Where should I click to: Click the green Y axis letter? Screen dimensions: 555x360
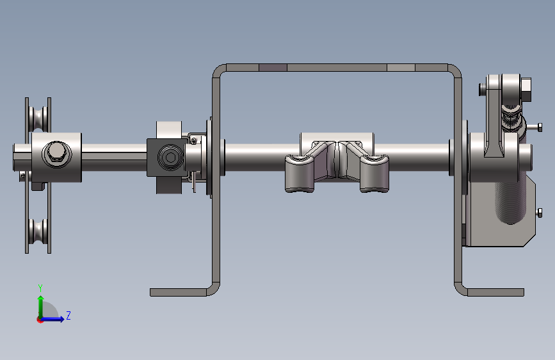[x=40, y=288]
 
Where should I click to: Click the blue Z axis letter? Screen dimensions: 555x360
[x=68, y=315]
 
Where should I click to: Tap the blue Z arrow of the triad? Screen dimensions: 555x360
[x=52, y=319]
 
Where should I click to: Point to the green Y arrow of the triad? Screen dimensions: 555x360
[x=41, y=307]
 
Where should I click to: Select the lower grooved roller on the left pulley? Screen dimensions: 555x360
[x=38, y=231]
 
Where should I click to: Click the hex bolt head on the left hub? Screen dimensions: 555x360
[x=56, y=153]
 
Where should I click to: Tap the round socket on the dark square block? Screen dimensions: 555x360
[x=170, y=158]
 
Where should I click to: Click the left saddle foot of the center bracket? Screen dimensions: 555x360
[x=300, y=173]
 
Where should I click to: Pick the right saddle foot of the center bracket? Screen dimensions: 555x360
[x=374, y=173]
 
